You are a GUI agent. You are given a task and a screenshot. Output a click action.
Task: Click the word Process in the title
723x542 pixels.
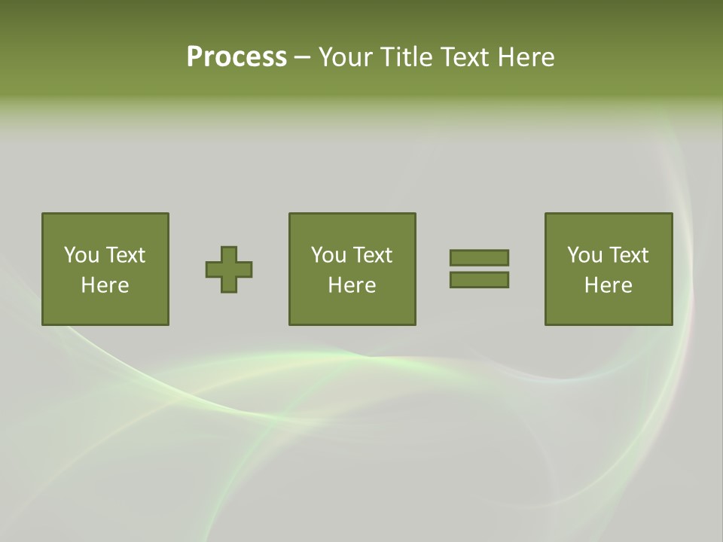[x=236, y=57]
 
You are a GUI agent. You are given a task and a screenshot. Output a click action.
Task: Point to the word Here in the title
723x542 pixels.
[x=526, y=57]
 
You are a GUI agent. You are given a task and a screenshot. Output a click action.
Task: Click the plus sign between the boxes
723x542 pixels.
[x=229, y=269]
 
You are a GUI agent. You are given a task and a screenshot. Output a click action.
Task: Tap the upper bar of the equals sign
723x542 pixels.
[x=479, y=257]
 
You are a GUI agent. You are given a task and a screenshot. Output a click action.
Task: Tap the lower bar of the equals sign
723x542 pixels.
[x=479, y=279]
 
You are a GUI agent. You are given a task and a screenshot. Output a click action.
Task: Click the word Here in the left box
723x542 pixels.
[x=105, y=285]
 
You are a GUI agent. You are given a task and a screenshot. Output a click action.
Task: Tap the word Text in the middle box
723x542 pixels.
[x=372, y=255]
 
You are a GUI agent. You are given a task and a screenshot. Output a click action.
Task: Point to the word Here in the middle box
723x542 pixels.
[x=352, y=285]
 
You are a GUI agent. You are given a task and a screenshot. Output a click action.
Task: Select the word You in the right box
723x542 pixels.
[x=585, y=255]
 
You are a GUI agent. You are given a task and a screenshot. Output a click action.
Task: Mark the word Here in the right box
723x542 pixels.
[x=609, y=285]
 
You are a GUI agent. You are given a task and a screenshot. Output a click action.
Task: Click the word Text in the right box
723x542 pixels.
[x=628, y=255]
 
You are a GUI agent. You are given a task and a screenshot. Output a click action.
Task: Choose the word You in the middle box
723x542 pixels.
[x=329, y=255]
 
